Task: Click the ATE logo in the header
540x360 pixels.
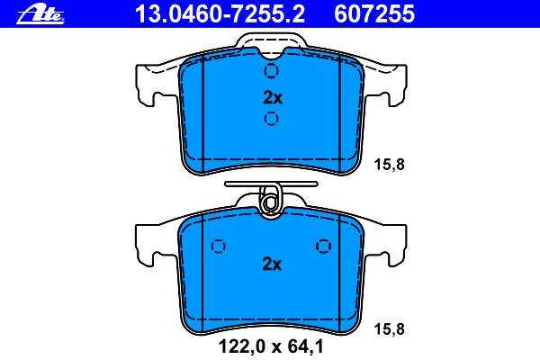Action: click(x=40, y=15)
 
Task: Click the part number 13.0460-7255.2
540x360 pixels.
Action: click(x=220, y=14)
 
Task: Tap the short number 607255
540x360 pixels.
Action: click(x=374, y=14)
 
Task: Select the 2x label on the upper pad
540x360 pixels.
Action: click(x=273, y=98)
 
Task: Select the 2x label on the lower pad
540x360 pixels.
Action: click(x=272, y=265)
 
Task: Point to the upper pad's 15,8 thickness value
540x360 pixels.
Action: click(x=390, y=165)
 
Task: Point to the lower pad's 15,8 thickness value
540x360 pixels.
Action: click(x=390, y=329)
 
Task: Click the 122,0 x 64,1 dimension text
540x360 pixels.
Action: click(x=272, y=346)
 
